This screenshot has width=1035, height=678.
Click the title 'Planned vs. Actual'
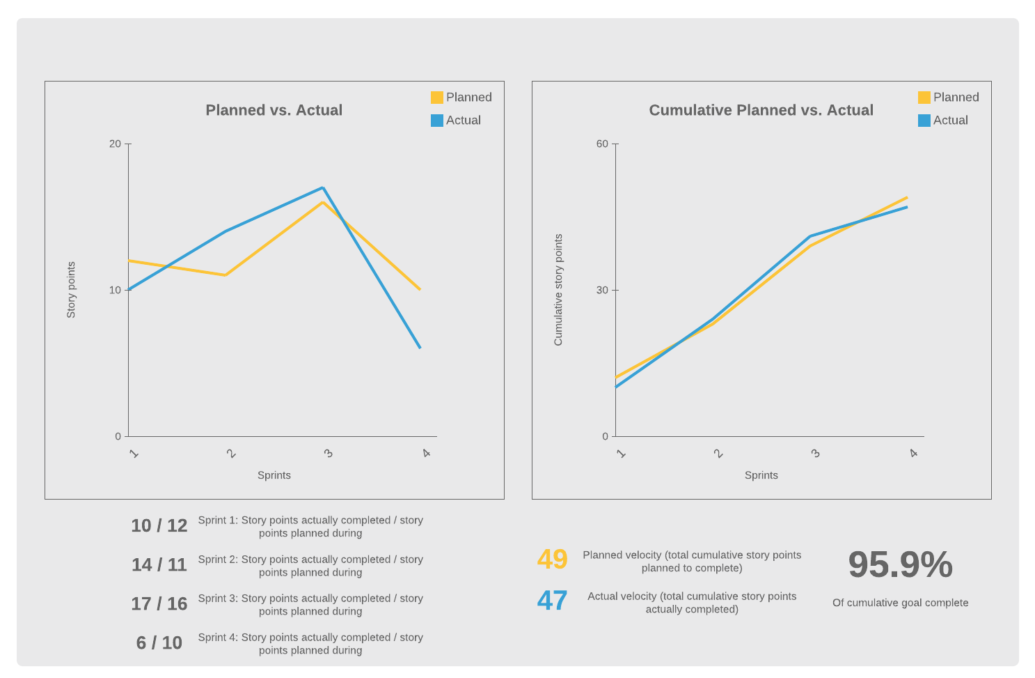pos(274,110)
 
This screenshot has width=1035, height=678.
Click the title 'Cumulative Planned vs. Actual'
pos(761,110)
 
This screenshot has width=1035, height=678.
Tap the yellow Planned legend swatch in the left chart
pos(437,98)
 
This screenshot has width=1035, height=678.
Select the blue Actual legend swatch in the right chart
pos(924,121)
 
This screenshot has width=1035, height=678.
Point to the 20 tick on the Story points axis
pos(116,144)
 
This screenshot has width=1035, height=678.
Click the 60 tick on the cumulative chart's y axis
pos(603,144)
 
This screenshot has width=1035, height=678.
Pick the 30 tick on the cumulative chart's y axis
pos(603,291)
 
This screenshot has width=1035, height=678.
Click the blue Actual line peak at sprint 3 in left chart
pos(323,187)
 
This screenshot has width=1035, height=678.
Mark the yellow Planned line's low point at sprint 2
pos(226,275)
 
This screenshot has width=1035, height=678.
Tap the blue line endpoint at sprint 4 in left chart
pos(420,348)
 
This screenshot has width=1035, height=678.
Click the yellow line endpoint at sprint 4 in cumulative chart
pos(907,197)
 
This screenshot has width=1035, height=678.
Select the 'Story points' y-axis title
pos(71,290)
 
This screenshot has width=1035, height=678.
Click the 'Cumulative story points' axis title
pos(558,290)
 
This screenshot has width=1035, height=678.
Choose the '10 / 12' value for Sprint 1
pos(159,526)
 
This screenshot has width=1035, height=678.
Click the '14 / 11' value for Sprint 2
pos(159,565)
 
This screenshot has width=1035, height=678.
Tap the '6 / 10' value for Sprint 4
pos(159,643)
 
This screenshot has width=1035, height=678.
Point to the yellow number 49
pos(553,560)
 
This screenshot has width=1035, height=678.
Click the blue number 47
pos(553,601)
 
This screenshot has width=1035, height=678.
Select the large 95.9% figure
pos(900,564)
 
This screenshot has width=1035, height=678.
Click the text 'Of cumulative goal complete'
pos(900,603)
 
